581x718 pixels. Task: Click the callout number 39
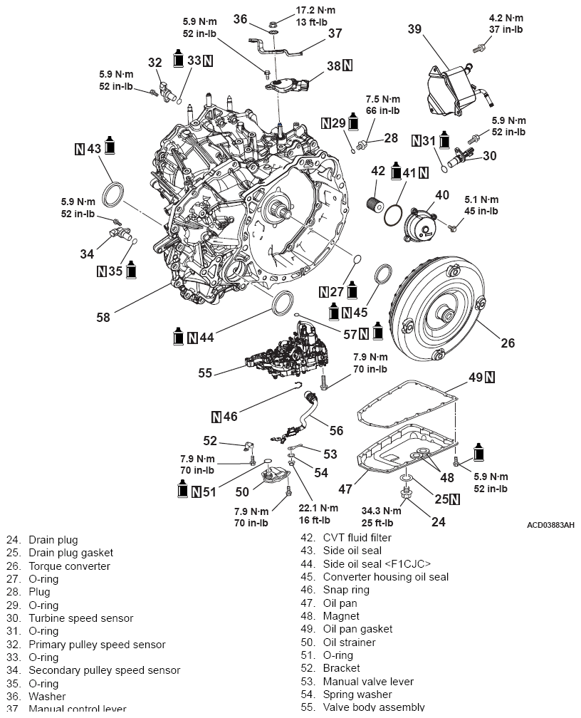tap(415, 29)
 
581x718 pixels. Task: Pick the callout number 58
tap(103, 318)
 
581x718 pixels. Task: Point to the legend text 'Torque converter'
tap(69, 566)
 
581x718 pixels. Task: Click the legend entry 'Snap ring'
tap(345, 590)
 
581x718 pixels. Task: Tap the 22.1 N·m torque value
tap(318, 509)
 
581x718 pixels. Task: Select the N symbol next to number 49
tap(491, 376)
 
